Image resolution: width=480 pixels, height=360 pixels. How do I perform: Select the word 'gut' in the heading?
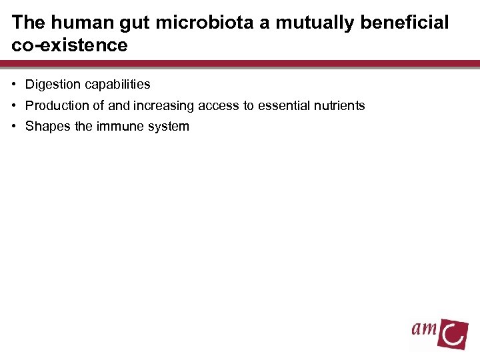(x=121, y=23)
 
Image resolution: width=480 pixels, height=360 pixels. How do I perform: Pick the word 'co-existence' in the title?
(x=69, y=45)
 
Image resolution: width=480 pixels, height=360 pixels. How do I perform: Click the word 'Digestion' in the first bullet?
(x=52, y=85)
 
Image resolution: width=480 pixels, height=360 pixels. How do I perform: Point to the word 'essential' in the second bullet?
(x=280, y=105)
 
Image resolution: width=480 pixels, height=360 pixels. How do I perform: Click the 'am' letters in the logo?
(x=425, y=328)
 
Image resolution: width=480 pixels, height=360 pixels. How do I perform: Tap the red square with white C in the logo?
(x=453, y=332)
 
